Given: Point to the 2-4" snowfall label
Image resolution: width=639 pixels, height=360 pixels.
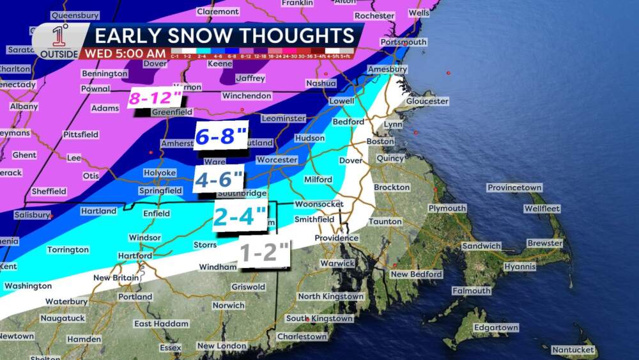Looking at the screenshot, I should click(x=239, y=217).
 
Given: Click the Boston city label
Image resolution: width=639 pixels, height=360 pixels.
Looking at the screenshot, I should click(x=380, y=141).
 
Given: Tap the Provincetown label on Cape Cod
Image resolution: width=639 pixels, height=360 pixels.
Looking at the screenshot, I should click(x=514, y=187).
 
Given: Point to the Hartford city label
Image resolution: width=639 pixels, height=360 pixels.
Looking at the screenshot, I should click(x=135, y=256).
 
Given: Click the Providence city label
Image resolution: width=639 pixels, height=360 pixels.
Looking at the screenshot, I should click(x=335, y=238).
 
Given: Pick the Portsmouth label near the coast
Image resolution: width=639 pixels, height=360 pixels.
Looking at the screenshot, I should click(x=403, y=42).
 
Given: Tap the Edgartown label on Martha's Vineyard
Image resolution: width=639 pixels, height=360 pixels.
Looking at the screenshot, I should click(x=496, y=327).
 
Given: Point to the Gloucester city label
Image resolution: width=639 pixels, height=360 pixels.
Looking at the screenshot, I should click(x=427, y=101).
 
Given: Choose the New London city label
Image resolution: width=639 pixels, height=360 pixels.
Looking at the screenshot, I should click(x=221, y=346).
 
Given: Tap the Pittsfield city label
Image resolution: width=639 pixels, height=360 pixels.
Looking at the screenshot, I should click(x=81, y=134).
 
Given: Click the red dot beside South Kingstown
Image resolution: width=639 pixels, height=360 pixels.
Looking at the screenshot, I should click(x=308, y=319).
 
